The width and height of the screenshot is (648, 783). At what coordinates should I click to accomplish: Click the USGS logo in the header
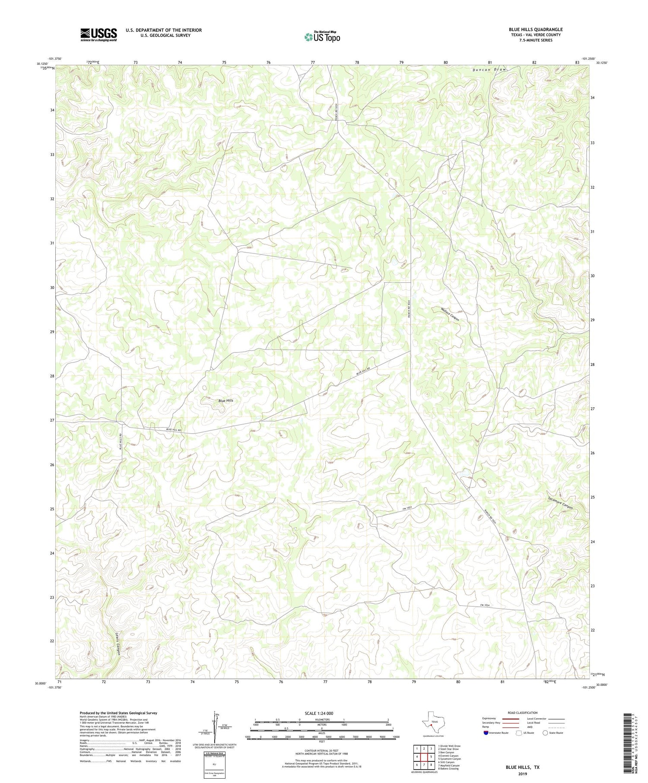98,35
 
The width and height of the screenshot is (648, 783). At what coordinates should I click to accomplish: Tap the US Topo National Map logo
322,37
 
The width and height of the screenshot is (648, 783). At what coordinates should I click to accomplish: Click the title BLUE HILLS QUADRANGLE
535,29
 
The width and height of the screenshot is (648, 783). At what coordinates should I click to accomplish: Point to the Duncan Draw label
489,70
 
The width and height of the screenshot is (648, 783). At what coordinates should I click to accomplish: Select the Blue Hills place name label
226,400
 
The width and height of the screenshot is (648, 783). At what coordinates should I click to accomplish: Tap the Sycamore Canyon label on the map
560,501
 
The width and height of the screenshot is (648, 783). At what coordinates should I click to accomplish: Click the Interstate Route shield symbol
486,733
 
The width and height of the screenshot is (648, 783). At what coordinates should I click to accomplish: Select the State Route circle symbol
545,732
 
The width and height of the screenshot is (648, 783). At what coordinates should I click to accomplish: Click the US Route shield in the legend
518,732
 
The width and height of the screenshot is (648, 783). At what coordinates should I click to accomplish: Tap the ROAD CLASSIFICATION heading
522,713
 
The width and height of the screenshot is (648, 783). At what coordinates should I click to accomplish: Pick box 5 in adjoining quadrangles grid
431,757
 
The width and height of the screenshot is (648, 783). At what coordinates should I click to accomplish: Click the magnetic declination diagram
214,725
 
